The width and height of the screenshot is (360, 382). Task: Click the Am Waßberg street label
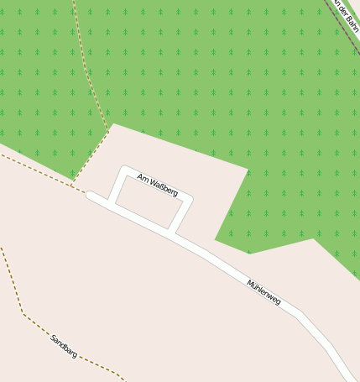(x=157, y=185)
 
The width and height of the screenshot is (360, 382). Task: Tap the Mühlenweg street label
(x=263, y=291)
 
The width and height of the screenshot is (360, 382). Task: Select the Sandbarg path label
(x=64, y=346)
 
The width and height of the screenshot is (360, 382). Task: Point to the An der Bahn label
(x=346, y=14)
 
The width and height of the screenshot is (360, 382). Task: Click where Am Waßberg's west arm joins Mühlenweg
(x=111, y=205)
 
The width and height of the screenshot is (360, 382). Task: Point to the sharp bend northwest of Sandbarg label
(x=23, y=314)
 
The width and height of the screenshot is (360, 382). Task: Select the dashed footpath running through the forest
(x=87, y=67)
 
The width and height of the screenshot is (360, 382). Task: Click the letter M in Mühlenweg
(x=250, y=282)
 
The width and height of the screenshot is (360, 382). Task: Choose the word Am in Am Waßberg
(x=141, y=178)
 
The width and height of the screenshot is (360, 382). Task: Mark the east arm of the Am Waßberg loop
(x=180, y=216)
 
